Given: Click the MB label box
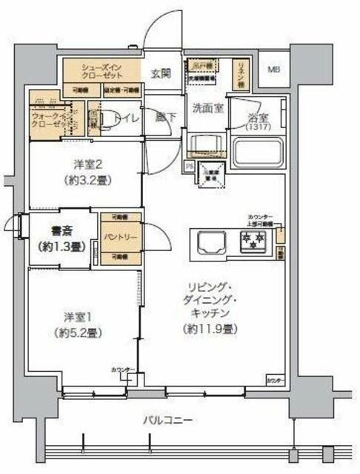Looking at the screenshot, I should (273, 70).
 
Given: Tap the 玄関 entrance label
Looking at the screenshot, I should (161, 73).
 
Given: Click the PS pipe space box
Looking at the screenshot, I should (190, 165).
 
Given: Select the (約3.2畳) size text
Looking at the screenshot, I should (83, 180).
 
